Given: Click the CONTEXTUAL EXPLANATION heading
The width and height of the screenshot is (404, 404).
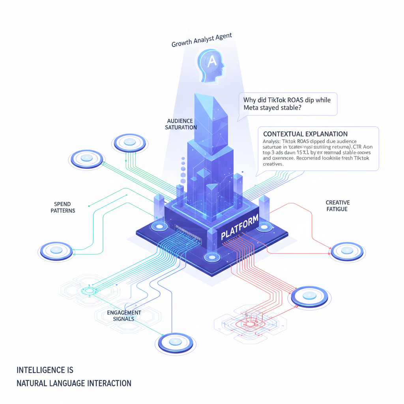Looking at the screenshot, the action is point(305,134).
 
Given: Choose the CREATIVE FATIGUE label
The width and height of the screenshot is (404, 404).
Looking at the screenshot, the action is point(337,206).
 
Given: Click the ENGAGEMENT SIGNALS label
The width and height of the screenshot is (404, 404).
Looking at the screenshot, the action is point(124,315).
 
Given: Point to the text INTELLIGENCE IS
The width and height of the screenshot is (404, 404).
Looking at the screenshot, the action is point(45,370).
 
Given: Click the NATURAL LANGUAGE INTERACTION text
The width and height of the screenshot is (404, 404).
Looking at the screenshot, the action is point(74,383).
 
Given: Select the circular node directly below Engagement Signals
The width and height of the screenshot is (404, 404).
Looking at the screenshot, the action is point(175,342).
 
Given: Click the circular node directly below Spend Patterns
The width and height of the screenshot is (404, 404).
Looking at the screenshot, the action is point(56,250).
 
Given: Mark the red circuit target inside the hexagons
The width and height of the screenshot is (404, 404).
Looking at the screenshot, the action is point(250,324).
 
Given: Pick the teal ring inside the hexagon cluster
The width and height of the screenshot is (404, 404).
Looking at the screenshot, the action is point(88,291).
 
